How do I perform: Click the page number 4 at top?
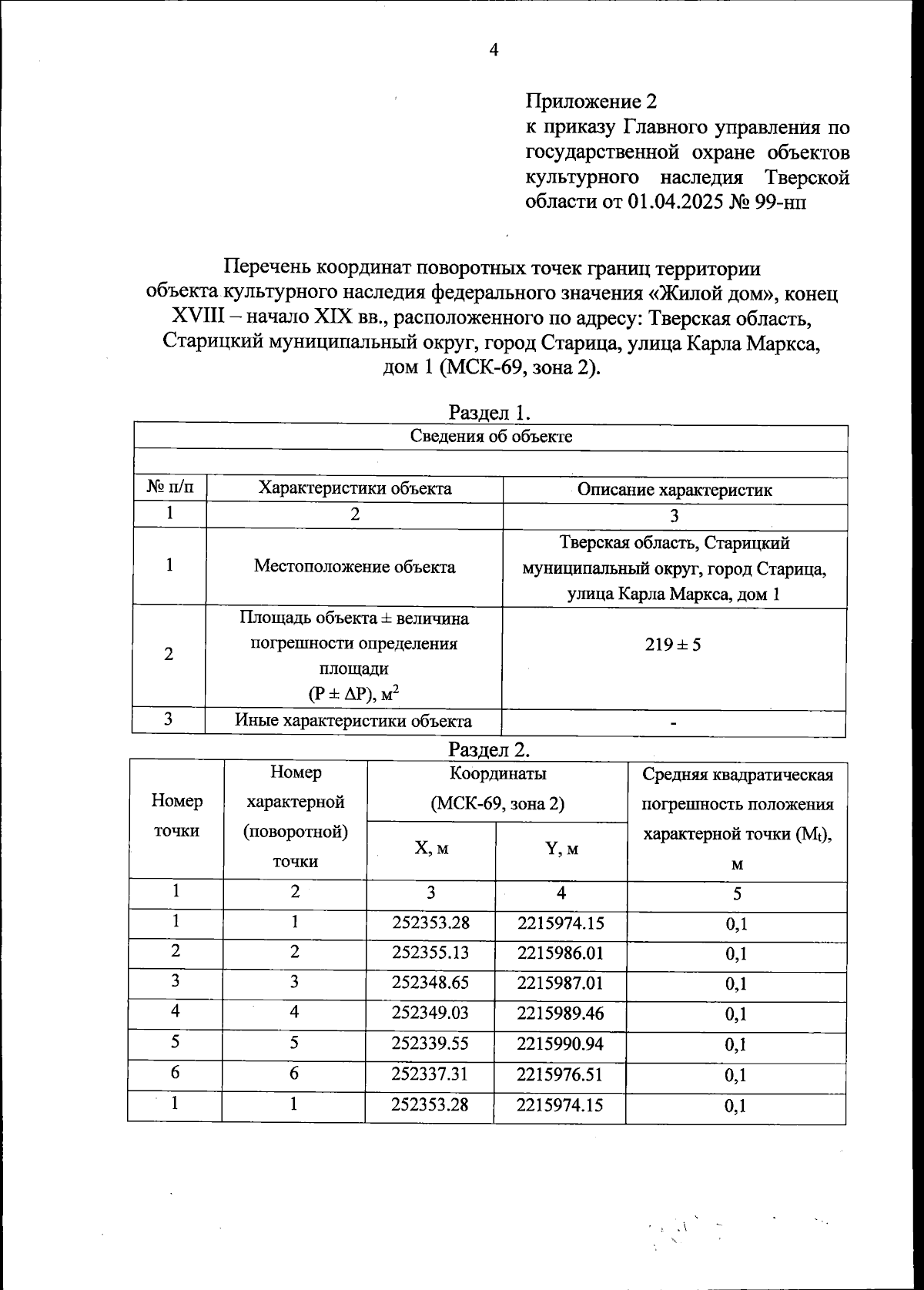[494, 51]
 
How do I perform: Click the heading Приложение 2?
[591, 101]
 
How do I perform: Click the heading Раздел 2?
[490, 749]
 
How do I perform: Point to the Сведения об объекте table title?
[490, 437]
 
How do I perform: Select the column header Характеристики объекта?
[355, 488]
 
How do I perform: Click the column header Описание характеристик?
[675, 490]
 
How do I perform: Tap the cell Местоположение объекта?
[355, 568]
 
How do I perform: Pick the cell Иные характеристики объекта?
[353, 722]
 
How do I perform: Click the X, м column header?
[430, 848]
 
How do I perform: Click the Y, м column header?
[561, 849]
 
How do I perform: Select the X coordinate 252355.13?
[430, 953]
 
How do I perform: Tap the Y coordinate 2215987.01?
[560, 983]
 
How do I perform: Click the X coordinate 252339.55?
[430, 1044]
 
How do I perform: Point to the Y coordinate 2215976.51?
[560, 1074]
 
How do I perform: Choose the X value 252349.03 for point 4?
[430, 1013]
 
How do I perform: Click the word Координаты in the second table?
[497, 773]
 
